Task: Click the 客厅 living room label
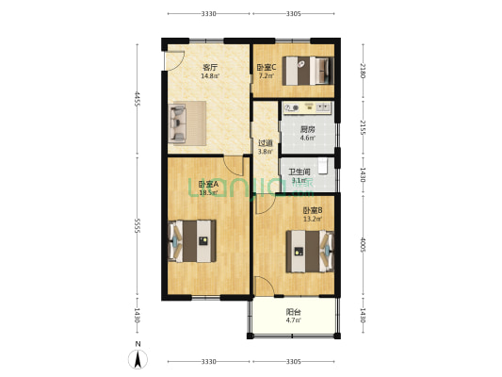click(x=210, y=68)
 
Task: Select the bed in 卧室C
click(x=313, y=69)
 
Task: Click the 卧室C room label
click(x=267, y=68)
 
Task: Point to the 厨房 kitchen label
click(x=307, y=130)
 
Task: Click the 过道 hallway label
click(x=266, y=143)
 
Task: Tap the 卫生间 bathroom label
click(x=300, y=172)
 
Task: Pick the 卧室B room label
click(x=313, y=211)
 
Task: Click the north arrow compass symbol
click(x=138, y=359)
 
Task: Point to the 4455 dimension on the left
click(x=138, y=99)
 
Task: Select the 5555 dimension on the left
click(x=138, y=225)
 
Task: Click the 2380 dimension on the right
click(x=364, y=69)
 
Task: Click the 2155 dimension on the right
click(x=364, y=128)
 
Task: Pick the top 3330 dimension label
click(x=208, y=14)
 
